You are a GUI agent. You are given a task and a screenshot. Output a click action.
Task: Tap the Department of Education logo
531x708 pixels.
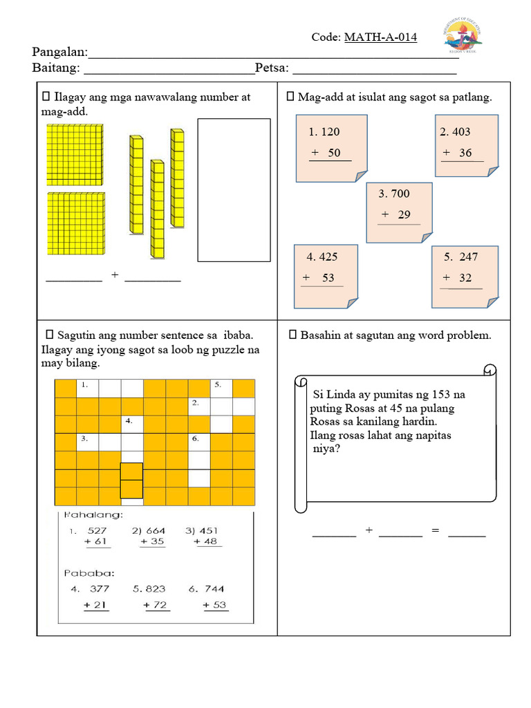point(463,37)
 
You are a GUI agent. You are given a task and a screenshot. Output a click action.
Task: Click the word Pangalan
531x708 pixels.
point(59,53)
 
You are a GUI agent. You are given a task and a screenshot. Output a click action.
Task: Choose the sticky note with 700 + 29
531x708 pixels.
point(399,212)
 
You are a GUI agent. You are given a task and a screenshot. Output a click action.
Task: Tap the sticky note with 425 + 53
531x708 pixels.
point(326,276)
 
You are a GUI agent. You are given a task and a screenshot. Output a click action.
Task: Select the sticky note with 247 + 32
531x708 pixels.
point(465,276)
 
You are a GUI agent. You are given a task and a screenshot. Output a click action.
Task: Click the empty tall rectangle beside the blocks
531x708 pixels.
point(234,190)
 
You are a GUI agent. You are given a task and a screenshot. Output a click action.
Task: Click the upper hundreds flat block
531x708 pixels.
point(75,154)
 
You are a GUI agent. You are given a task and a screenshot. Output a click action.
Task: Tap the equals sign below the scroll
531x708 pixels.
point(435,530)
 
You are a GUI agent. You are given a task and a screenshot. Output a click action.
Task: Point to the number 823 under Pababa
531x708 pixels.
point(156,589)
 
